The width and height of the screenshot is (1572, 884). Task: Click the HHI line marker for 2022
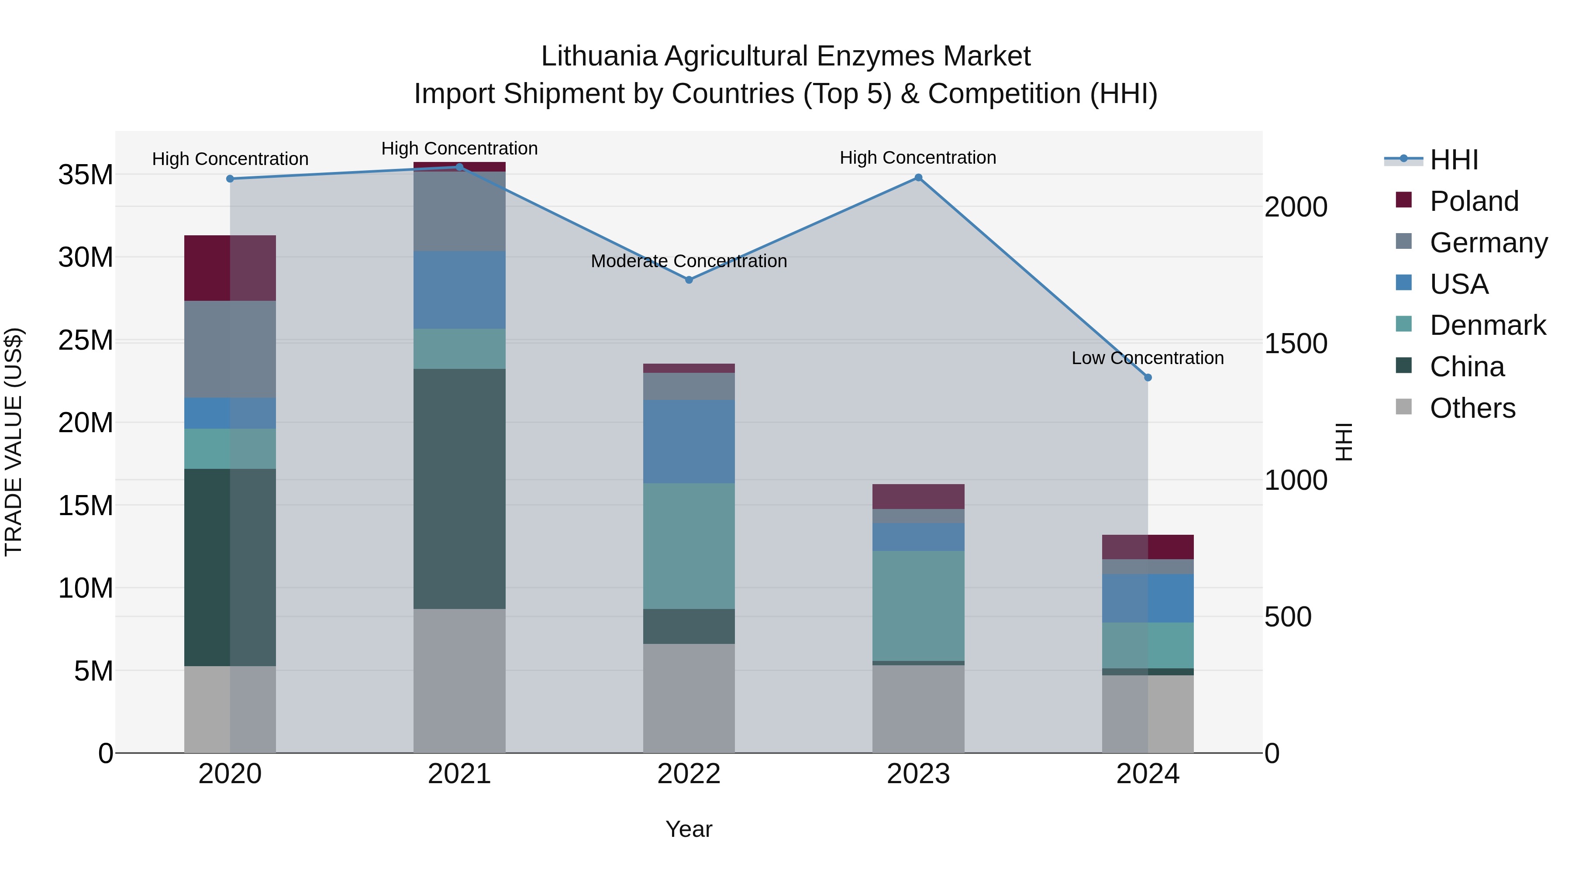coord(689,280)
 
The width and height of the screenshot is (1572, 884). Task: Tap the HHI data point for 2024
coord(1148,378)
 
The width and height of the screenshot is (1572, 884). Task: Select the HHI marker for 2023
coord(918,178)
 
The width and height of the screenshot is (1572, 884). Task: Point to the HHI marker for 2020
coord(230,179)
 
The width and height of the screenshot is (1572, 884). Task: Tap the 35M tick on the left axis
coord(86,175)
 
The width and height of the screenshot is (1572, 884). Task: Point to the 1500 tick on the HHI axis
coord(1296,344)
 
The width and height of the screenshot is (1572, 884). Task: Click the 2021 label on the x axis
coord(459,774)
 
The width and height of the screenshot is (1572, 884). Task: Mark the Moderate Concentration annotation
coord(689,261)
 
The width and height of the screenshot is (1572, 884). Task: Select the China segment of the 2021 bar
coord(459,488)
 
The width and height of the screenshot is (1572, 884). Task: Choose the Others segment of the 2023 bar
coord(918,709)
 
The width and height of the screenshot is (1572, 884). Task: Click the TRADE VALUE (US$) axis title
coord(14,442)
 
